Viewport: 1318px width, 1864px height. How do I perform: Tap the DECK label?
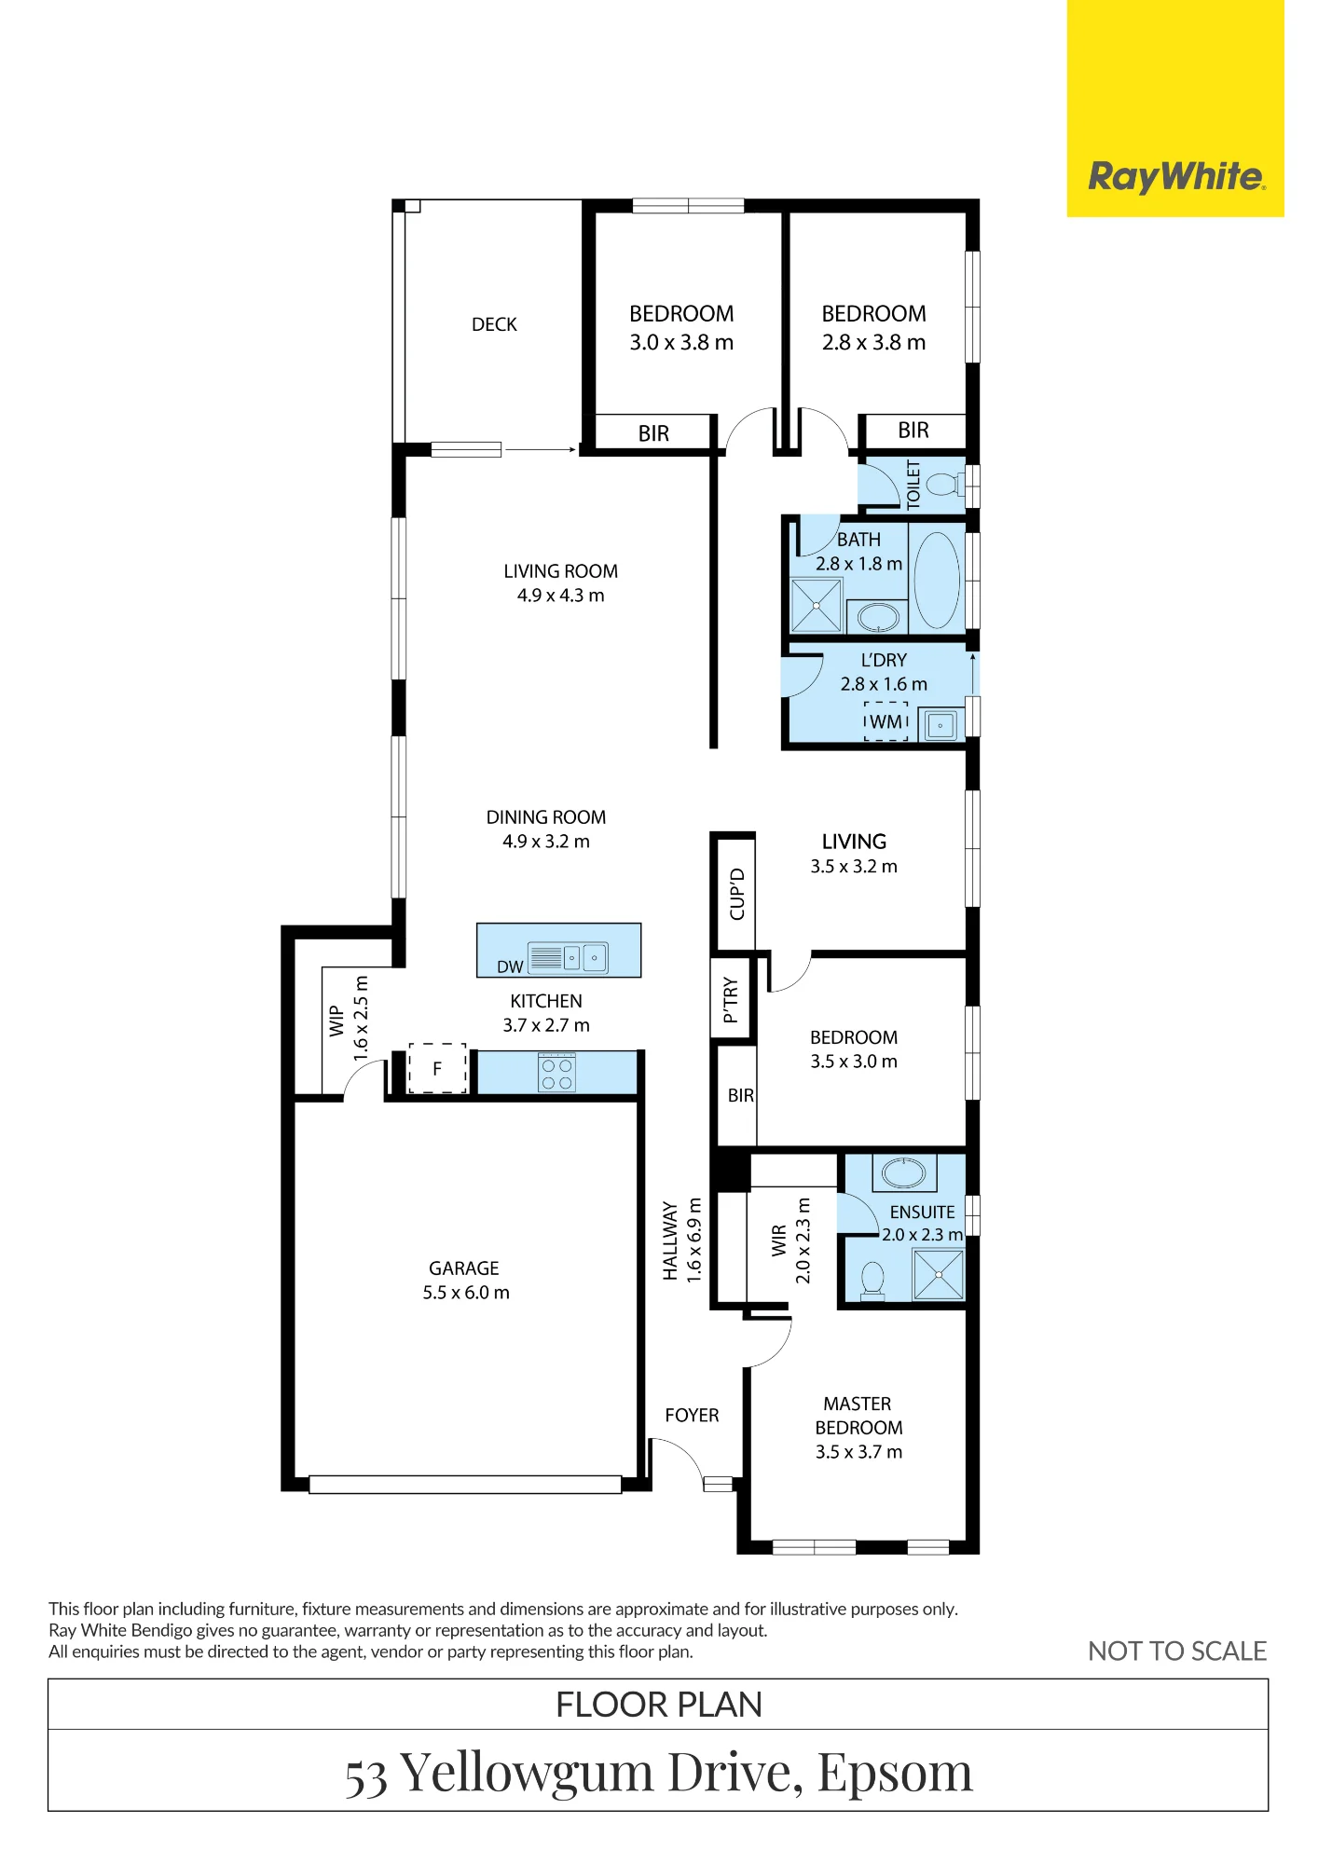pyautogui.click(x=494, y=324)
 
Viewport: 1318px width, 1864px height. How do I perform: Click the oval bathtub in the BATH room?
pyautogui.click(x=937, y=580)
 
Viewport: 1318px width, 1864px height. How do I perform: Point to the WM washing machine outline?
pyautogui.click(x=886, y=721)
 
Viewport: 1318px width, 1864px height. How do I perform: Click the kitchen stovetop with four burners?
pyautogui.click(x=557, y=1072)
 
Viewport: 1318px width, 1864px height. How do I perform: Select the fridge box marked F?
pyautogui.click(x=437, y=1068)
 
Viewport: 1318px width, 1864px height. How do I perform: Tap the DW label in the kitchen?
pyautogui.click(x=510, y=966)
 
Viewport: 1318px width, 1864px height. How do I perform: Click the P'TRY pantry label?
pyautogui.click(x=731, y=1000)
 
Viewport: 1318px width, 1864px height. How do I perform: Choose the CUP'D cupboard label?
pyautogui.click(x=737, y=894)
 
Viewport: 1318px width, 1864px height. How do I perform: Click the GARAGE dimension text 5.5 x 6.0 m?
pyautogui.click(x=466, y=1293)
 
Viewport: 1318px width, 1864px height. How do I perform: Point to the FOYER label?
pyautogui.click(x=692, y=1416)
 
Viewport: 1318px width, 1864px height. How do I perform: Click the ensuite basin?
pyautogui.click(x=904, y=1172)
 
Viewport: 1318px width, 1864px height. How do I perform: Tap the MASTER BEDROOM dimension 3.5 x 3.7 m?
pyautogui.click(x=858, y=1452)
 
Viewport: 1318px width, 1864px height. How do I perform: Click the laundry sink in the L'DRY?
pyautogui.click(x=940, y=725)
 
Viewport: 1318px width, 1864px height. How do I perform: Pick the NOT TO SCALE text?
pyautogui.click(x=1177, y=1652)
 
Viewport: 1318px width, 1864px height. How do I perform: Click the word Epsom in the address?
pyautogui.click(x=895, y=1773)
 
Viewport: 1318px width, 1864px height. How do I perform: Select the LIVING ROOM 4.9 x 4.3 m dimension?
pyautogui.click(x=561, y=596)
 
